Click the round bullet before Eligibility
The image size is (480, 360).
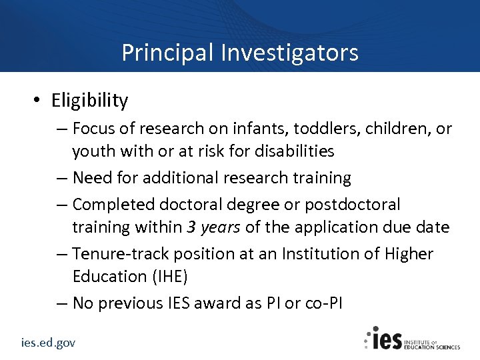click(x=39, y=101)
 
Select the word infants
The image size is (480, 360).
click(x=249, y=127)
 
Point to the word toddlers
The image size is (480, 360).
click(x=313, y=127)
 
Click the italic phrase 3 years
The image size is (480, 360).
click(x=214, y=227)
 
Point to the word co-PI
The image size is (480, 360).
click(x=323, y=303)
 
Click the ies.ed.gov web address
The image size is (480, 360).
click(x=47, y=342)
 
